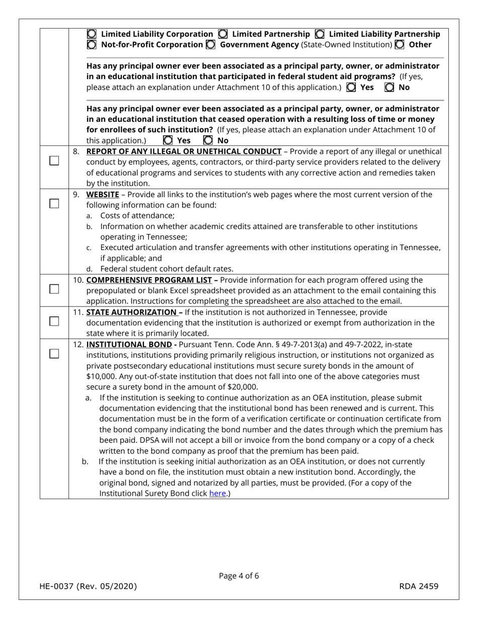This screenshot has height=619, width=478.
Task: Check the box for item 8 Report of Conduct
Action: coord(54,161)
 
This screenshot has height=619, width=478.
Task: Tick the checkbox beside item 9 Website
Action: coord(54,203)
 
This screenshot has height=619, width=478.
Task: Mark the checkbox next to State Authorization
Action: coord(54,321)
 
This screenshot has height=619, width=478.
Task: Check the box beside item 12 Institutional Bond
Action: coord(54,353)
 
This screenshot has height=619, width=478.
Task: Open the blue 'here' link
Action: coord(217,494)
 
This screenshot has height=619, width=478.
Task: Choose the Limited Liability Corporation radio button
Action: coord(92,34)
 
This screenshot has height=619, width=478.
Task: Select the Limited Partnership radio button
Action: coord(223,34)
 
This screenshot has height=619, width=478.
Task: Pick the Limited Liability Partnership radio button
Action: coord(320,34)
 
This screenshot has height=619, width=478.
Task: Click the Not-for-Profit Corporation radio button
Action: coord(92,45)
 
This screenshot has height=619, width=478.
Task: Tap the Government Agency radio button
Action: coord(211,45)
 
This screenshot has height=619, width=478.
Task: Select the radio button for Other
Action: coord(400,45)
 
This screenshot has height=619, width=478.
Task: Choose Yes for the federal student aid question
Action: coord(351,87)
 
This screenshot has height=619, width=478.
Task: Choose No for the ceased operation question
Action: coord(207,140)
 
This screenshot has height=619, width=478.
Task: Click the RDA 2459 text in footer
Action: coord(419,586)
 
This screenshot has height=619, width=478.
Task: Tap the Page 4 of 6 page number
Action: coord(239,576)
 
